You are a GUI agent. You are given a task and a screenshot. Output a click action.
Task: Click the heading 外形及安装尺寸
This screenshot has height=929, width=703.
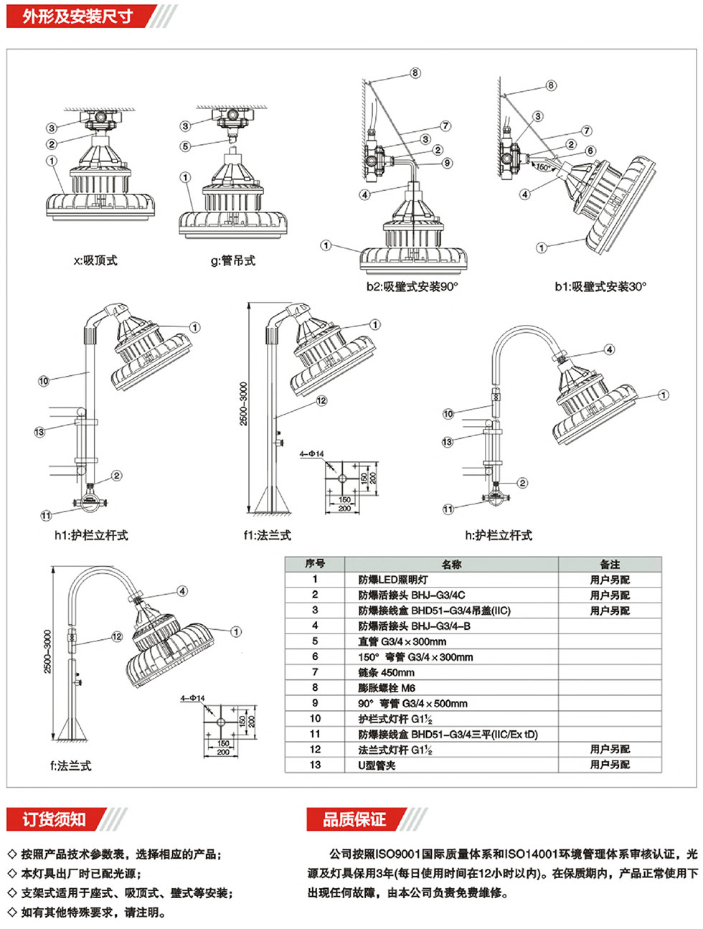[77, 16]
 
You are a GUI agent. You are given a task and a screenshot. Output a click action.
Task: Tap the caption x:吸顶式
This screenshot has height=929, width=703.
[95, 261]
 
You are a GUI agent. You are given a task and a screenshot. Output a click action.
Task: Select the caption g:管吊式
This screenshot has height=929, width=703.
[232, 261]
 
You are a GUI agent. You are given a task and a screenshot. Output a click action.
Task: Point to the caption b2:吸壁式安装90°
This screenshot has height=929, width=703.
[412, 287]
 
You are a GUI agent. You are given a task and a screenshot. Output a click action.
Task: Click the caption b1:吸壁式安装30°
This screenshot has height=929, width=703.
[600, 287]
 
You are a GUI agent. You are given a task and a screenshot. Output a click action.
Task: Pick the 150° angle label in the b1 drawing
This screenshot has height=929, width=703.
[544, 168]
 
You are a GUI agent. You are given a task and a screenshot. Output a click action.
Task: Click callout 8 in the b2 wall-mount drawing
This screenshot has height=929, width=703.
[415, 73]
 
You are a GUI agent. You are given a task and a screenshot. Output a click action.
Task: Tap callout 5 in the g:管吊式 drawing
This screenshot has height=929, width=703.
[186, 146]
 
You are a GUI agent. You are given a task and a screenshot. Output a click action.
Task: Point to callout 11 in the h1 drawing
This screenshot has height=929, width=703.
[46, 516]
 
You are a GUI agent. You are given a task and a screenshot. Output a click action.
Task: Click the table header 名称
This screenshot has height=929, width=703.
[451, 565]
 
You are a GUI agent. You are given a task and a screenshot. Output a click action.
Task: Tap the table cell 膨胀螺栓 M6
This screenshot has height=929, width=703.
[387, 688]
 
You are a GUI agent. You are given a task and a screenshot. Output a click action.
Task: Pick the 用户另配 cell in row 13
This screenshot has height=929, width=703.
[610, 765]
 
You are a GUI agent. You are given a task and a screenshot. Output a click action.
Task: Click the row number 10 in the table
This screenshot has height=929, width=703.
[315, 719]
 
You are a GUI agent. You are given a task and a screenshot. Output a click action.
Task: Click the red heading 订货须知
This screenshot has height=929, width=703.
[54, 819]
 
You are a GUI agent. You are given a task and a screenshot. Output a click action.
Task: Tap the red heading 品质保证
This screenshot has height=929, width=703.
[354, 819]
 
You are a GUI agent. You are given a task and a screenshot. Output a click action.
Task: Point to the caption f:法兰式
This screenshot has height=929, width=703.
[70, 766]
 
